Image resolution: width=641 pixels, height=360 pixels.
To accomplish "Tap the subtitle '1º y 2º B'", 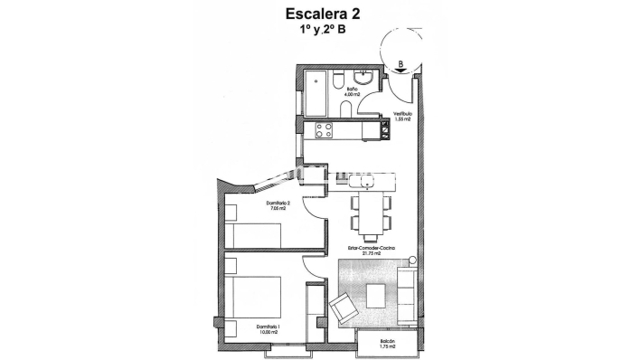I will tap(323, 29).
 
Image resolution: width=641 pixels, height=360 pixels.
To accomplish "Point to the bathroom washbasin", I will tap(363, 77).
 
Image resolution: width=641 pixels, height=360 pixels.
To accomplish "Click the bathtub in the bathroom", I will tap(316, 92).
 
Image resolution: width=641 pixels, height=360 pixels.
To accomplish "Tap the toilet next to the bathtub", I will tap(336, 82).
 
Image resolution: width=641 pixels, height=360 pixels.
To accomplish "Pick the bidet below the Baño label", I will tap(346, 109).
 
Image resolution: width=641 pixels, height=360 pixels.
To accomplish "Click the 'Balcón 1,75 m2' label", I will tap(387, 343).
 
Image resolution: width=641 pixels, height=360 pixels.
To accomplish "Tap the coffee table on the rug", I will tap(377, 294).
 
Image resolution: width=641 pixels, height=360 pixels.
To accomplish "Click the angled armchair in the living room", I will tap(344, 308).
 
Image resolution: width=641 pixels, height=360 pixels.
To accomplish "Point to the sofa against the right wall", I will tap(409, 290).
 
